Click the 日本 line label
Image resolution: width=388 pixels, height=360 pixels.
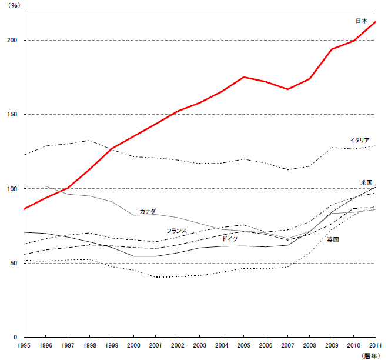click(x=362, y=21)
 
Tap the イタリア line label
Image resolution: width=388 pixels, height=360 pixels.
click(x=359, y=140)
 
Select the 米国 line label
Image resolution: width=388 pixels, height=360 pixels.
click(x=366, y=183)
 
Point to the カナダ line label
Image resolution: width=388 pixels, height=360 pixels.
click(x=148, y=211)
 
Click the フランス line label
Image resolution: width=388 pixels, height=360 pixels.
click(x=176, y=231)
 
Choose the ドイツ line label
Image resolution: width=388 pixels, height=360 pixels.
click(x=229, y=239)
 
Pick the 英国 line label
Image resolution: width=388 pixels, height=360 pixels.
click(x=333, y=239)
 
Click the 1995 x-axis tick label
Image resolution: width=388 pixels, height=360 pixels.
click(x=24, y=345)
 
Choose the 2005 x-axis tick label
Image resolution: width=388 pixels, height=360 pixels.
click(x=244, y=345)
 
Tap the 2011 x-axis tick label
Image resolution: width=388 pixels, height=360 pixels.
click(x=375, y=345)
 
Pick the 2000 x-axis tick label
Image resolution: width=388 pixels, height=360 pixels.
click(x=134, y=345)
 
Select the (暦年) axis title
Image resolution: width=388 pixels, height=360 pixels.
click(x=371, y=355)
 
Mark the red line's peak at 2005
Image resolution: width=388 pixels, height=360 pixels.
click(x=244, y=77)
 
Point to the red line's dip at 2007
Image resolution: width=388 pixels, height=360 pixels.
click(x=287, y=89)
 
